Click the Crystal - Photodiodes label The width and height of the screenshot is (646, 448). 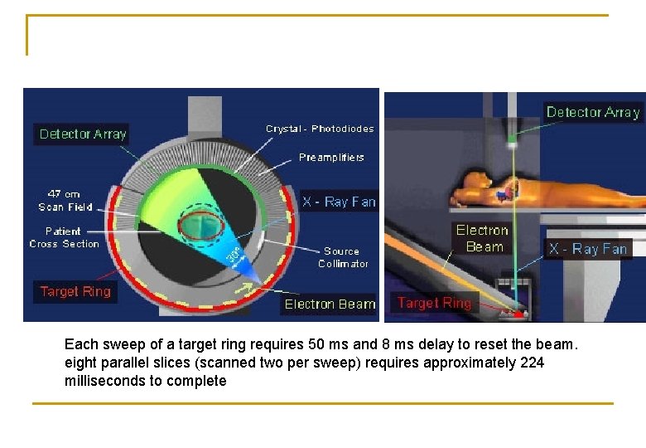click(320, 129)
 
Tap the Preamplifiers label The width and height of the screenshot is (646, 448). click(331, 157)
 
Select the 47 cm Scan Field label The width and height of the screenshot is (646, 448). click(65, 200)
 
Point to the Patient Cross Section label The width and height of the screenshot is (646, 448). click(64, 237)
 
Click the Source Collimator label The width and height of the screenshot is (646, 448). click(343, 257)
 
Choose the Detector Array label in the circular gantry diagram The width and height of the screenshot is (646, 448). click(83, 134)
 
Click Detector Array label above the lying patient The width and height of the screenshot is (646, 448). click(593, 112)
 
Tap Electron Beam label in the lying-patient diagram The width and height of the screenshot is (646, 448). click(483, 238)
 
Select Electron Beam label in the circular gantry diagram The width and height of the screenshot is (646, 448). click(330, 304)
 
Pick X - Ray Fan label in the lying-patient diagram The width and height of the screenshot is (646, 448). click(588, 248)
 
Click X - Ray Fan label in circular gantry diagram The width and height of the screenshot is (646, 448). click(339, 202)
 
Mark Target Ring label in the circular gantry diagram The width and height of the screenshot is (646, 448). click(75, 291)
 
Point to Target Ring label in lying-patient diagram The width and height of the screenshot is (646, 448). click(434, 303)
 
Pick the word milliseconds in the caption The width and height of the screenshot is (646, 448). click(101, 381)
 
